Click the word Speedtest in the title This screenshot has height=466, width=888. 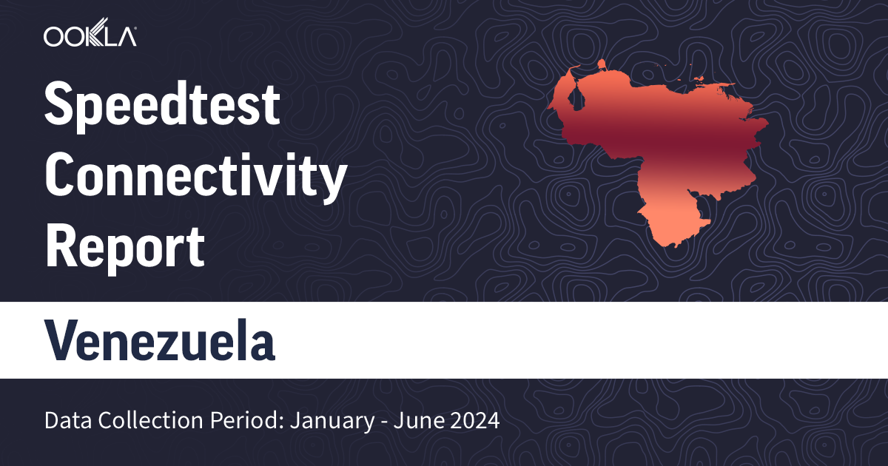coord(162,104)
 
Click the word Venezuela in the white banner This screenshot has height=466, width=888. coord(160,340)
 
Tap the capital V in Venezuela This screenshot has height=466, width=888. coord(61,340)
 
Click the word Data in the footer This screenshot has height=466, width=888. coord(64,422)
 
